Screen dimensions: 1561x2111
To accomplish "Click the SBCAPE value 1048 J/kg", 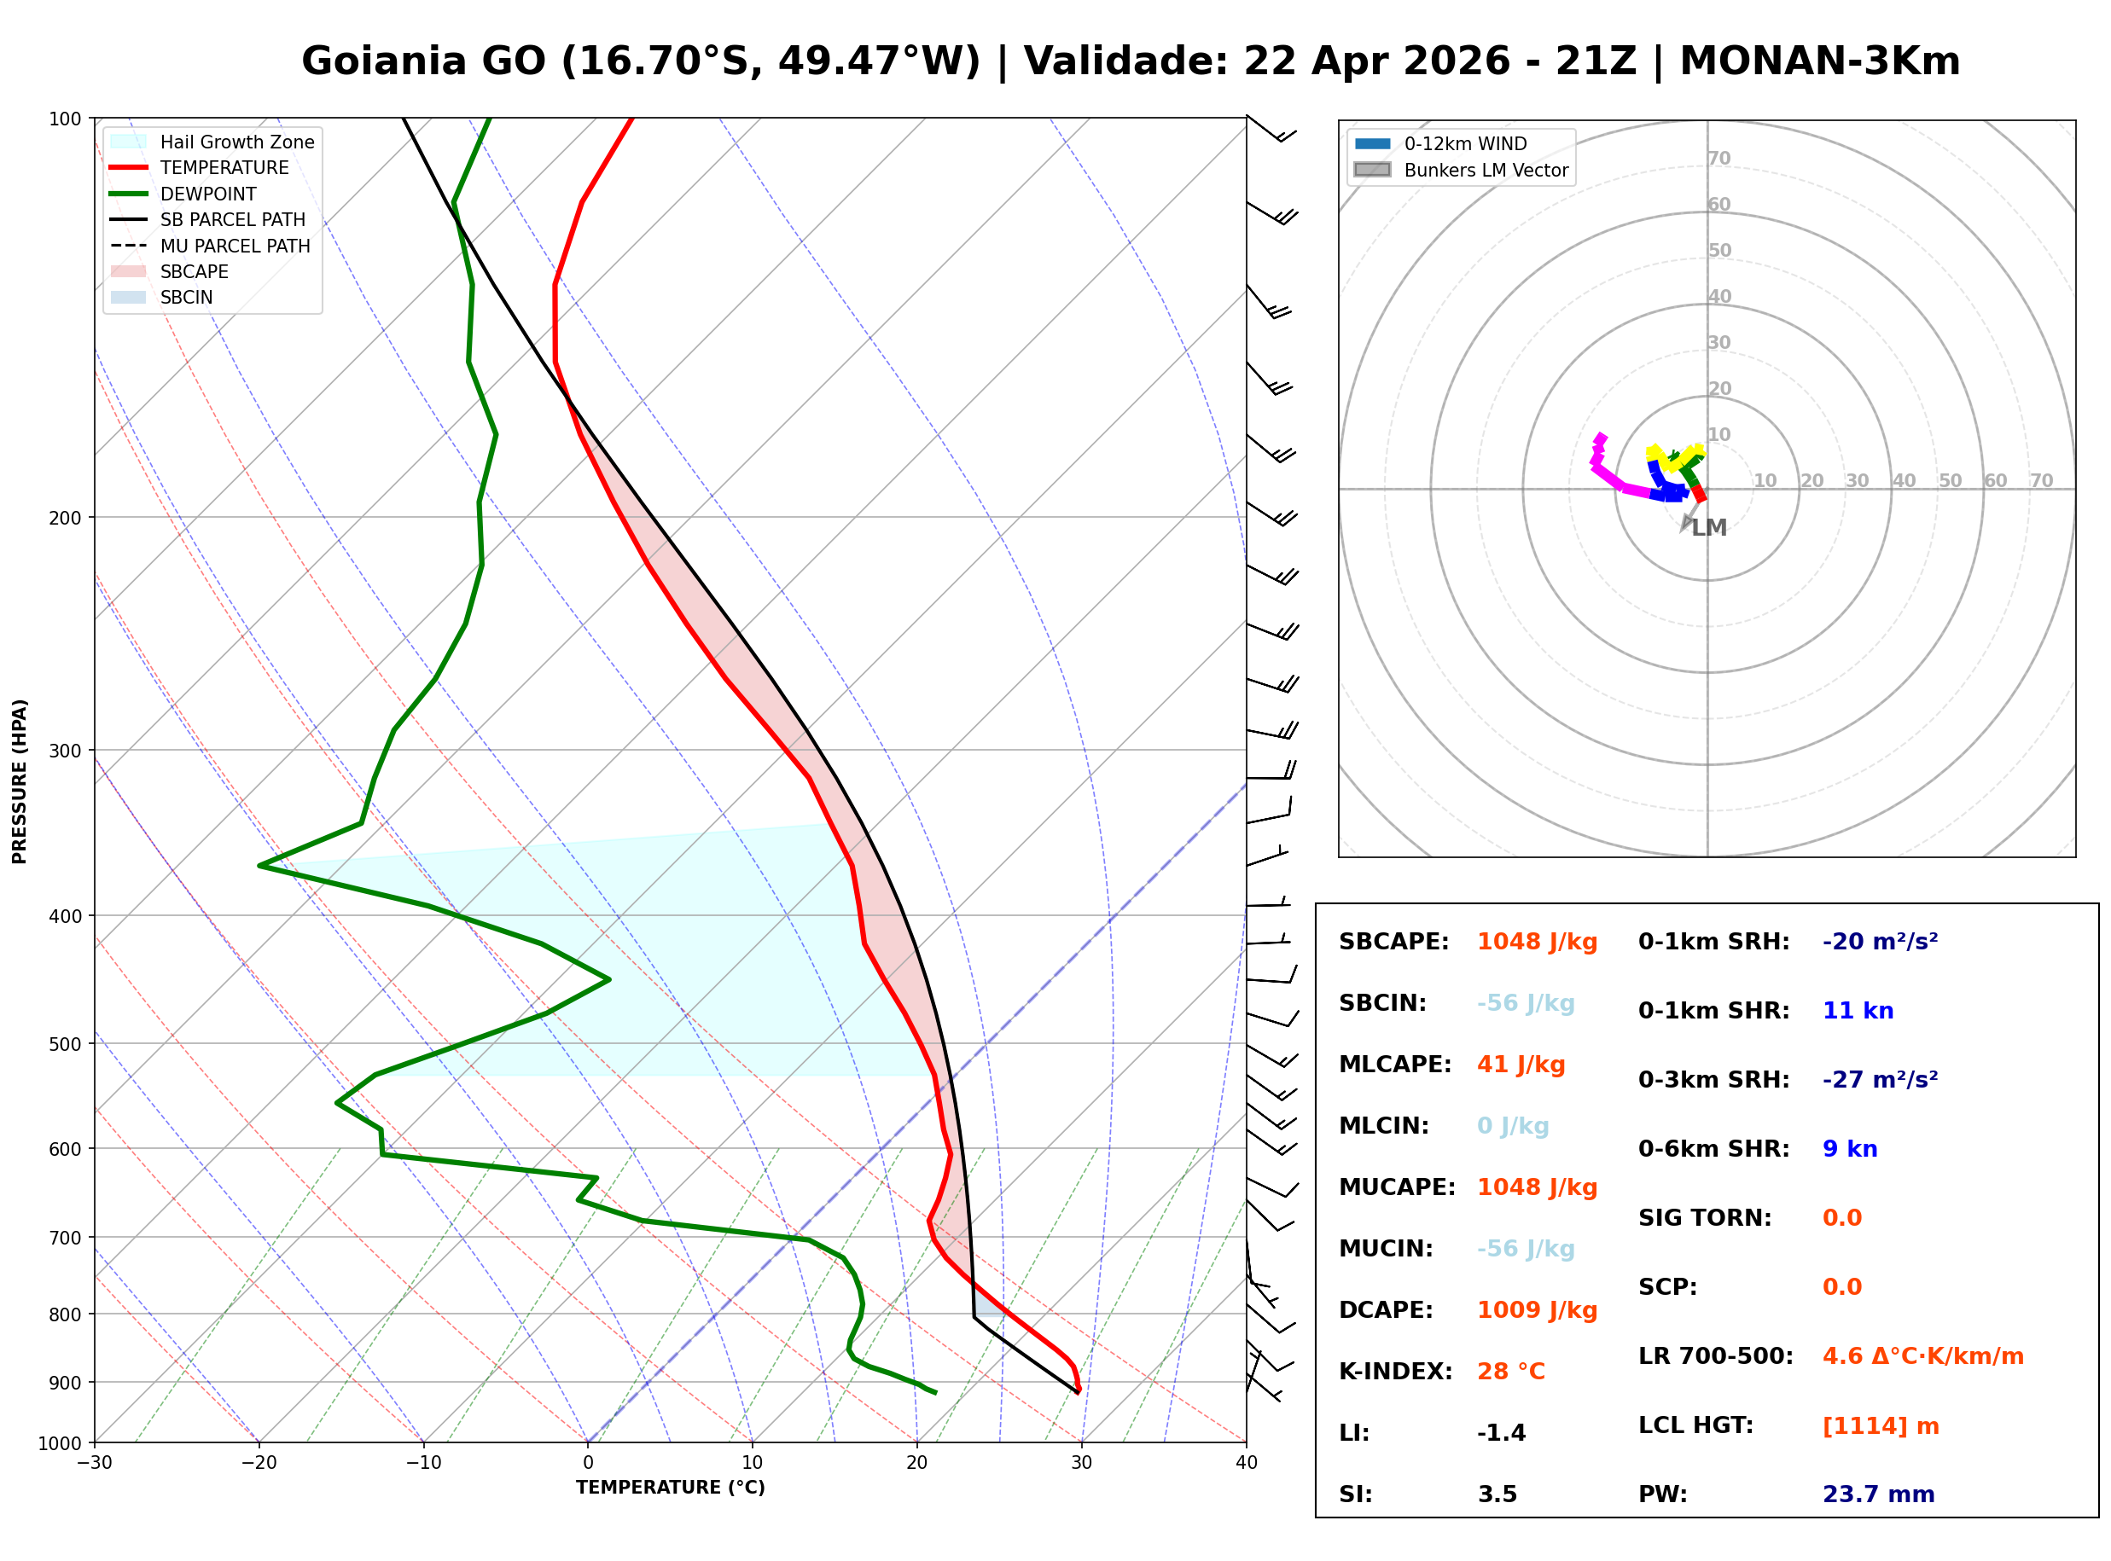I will tap(1537, 942).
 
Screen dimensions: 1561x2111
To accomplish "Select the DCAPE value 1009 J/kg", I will tap(1537, 1310).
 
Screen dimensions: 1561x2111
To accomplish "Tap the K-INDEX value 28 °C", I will tap(1511, 1372).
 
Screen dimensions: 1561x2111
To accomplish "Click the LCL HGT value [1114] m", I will tap(1881, 1426).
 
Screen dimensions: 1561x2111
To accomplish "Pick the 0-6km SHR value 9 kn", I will tap(1849, 1149).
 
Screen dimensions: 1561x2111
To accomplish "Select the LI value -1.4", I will tap(1502, 1433).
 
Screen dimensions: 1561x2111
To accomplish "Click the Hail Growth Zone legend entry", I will tap(236, 142).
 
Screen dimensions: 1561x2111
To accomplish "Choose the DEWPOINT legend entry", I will tap(208, 194).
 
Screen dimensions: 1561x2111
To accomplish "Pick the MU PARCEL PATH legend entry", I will tap(235, 246).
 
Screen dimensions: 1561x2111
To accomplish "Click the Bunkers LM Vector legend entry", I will tap(1486, 170).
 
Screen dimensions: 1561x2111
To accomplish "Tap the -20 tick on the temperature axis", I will tap(259, 1463).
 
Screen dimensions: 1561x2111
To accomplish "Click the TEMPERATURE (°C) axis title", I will tap(670, 1488).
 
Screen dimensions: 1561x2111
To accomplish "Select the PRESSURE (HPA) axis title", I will tap(20, 780).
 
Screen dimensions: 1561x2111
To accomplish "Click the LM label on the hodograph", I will tap(1708, 527).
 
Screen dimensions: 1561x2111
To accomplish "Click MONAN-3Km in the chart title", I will tap(1819, 61).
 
